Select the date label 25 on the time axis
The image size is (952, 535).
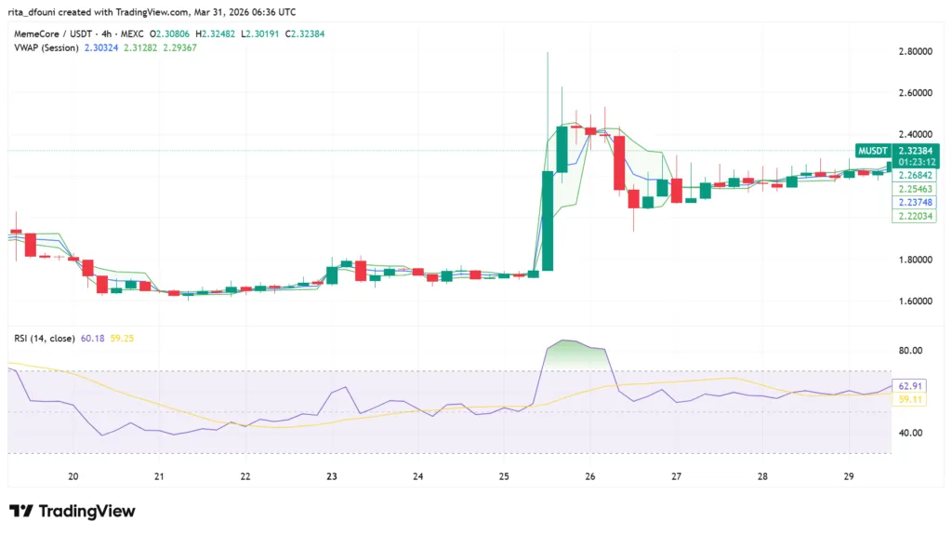point(504,476)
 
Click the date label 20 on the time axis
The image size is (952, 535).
point(73,476)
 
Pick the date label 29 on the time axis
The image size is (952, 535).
point(849,476)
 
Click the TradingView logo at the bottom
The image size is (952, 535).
point(73,511)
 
